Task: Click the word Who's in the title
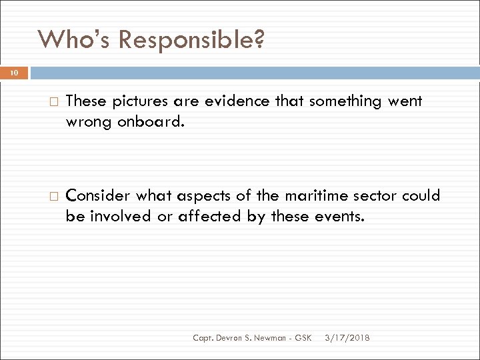(x=74, y=40)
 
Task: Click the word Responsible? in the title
(x=191, y=41)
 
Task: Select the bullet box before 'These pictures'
(x=54, y=102)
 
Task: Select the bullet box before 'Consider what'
(x=54, y=197)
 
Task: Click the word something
(x=343, y=101)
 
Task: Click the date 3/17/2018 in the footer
(x=347, y=339)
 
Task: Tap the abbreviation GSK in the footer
(x=303, y=339)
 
